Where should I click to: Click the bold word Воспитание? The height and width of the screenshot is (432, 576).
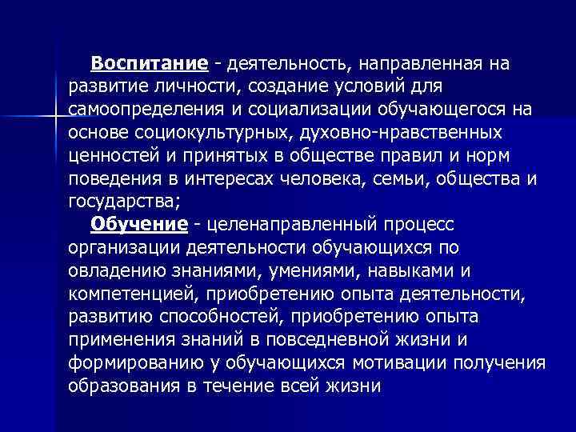[150, 62]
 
